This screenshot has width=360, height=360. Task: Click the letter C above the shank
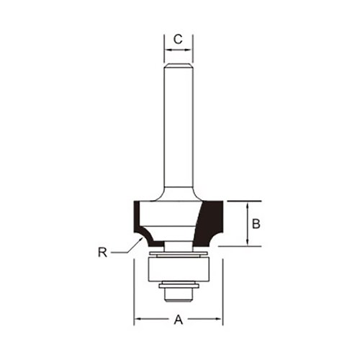pos(178,40)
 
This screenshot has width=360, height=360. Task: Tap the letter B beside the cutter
pos(256,224)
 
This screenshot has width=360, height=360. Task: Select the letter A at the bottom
pos(178,320)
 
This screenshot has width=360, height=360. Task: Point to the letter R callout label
pos(102,253)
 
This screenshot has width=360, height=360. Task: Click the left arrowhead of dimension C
pos(168,50)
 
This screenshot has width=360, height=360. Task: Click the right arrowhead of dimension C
pos(188,50)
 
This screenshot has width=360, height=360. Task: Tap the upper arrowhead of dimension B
pos(248,205)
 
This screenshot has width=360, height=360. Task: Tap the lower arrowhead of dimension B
pos(248,242)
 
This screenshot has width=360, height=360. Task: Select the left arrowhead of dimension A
pos(138,319)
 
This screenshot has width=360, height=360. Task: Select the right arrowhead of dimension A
pos(218,319)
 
